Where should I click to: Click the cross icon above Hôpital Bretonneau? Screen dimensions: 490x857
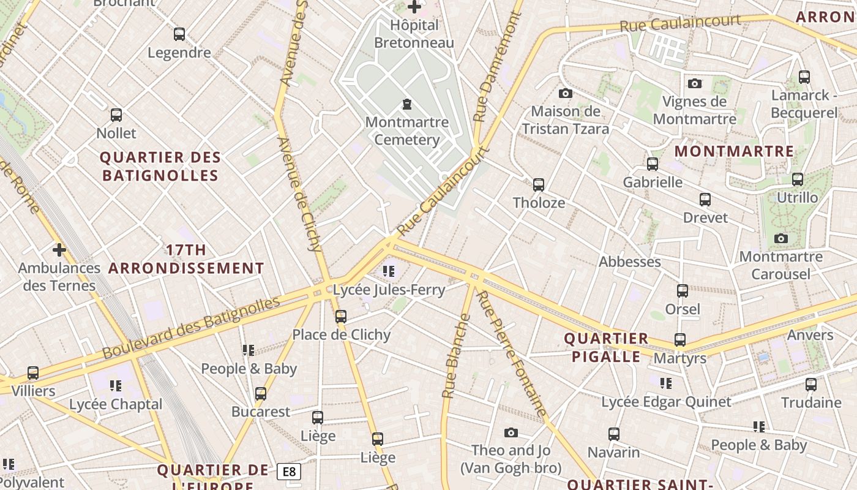click(414, 7)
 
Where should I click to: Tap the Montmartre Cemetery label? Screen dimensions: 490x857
click(407, 131)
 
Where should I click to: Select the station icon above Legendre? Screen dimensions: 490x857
click(179, 34)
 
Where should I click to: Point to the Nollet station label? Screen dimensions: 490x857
click(116, 133)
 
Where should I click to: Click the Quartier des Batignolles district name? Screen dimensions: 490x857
click(160, 166)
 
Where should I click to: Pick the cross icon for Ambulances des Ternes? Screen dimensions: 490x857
click(59, 250)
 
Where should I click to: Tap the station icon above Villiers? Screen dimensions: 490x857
click(33, 373)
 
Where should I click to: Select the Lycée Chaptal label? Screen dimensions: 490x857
click(116, 404)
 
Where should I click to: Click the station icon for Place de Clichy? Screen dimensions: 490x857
click(341, 317)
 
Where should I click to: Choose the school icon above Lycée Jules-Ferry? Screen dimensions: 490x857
click(389, 271)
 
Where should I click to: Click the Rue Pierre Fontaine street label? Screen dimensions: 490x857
click(511, 353)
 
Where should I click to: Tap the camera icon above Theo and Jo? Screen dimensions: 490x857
click(511, 433)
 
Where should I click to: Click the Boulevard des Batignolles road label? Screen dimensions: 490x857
click(191, 328)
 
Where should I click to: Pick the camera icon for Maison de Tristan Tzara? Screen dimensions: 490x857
click(566, 94)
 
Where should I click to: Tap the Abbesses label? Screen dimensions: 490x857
click(630, 262)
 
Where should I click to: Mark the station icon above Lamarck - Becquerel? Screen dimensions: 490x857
click(804, 77)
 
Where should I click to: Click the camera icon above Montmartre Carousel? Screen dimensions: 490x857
click(781, 238)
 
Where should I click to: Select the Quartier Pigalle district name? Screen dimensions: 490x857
click(606, 347)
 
